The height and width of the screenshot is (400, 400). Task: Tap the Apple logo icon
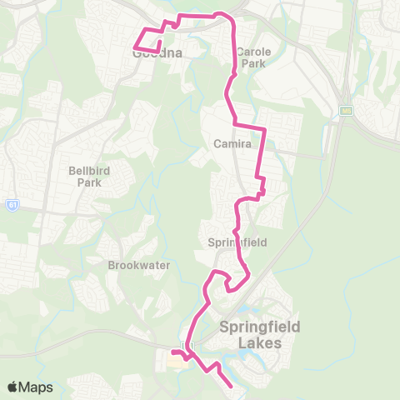click(13, 387)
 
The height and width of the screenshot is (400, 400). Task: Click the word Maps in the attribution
click(37, 387)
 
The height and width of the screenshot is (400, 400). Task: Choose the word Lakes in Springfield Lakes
click(259, 342)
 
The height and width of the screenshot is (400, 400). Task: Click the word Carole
click(253, 51)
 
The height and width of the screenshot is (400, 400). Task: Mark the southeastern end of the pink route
click(231, 386)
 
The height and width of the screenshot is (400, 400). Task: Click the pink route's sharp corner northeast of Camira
click(264, 129)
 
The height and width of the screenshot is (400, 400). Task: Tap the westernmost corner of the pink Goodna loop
click(135, 46)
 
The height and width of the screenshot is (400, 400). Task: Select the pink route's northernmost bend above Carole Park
click(220, 13)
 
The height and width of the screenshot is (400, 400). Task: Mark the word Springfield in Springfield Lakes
click(259, 327)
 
